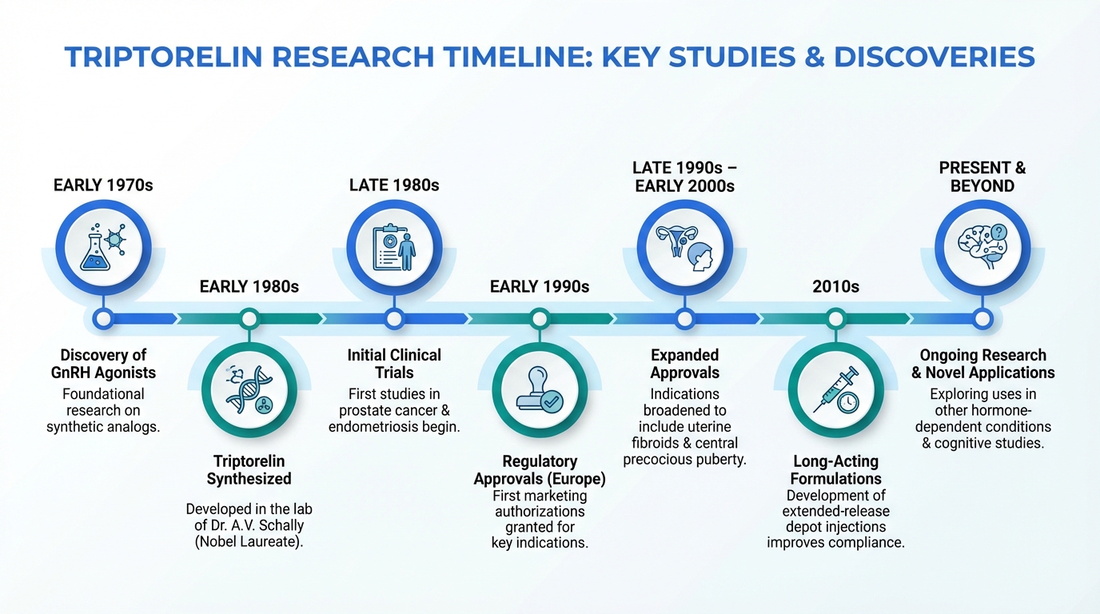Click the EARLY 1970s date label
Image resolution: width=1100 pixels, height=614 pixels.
click(x=103, y=185)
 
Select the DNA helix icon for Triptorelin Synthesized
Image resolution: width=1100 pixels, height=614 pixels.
click(x=249, y=390)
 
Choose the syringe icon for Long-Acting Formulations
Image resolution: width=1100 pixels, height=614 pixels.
click(x=836, y=390)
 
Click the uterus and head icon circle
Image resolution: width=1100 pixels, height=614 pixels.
click(x=685, y=247)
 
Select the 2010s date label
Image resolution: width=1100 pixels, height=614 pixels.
click(x=836, y=286)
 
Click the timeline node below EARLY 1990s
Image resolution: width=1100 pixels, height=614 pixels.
click(x=540, y=319)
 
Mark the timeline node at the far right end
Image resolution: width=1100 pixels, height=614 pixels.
click(x=982, y=319)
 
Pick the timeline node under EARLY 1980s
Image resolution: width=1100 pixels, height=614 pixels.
click(x=249, y=319)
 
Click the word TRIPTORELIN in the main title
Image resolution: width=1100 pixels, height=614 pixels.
click(x=165, y=57)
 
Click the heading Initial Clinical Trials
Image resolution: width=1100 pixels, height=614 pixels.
click(x=394, y=364)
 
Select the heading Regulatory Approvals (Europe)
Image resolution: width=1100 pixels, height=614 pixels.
click(x=540, y=469)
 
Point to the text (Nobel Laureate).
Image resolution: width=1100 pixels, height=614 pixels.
click(x=249, y=542)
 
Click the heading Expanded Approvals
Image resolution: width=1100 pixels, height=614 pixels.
click(x=685, y=364)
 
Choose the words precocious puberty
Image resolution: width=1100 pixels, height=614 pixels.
click(x=685, y=460)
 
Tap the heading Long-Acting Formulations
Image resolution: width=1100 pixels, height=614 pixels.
click(x=836, y=469)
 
